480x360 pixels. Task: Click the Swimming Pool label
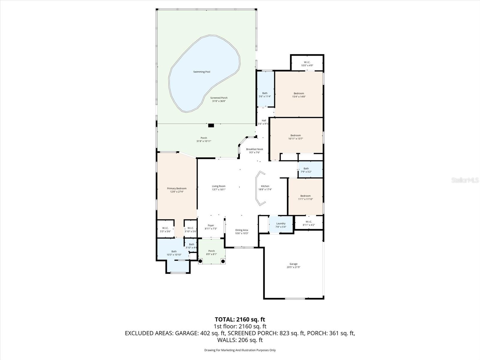pos(201,72)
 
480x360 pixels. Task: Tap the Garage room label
pos(293,264)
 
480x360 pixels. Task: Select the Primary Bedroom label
pos(177,188)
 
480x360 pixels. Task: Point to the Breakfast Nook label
pos(254,149)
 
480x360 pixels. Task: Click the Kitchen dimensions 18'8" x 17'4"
pos(265,190)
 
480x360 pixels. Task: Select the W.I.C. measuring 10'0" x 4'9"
pos(307,64)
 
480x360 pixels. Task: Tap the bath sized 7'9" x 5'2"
pos(306,170)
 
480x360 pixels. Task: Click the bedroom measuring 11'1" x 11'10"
pos(305,197)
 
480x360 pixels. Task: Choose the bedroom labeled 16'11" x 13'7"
pos(295,137)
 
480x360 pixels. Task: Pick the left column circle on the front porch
pos(200,261)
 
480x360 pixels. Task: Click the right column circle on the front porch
pos(223,261)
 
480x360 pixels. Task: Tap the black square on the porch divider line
pos(211,125)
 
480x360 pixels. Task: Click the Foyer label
pos(211,225)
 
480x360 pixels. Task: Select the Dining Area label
pos(241,230)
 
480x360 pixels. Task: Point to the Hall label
pos(264,120)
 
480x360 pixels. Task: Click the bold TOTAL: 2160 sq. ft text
pos(240,319)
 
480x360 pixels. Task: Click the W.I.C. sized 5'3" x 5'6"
pos(165,230)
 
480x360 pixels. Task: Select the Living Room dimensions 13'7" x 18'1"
pos(218,190)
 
